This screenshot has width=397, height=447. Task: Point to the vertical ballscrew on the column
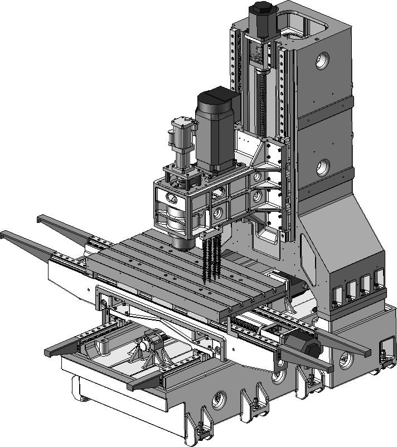coord(261,95)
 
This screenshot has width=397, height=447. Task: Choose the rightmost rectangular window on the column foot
coord(380,278)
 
